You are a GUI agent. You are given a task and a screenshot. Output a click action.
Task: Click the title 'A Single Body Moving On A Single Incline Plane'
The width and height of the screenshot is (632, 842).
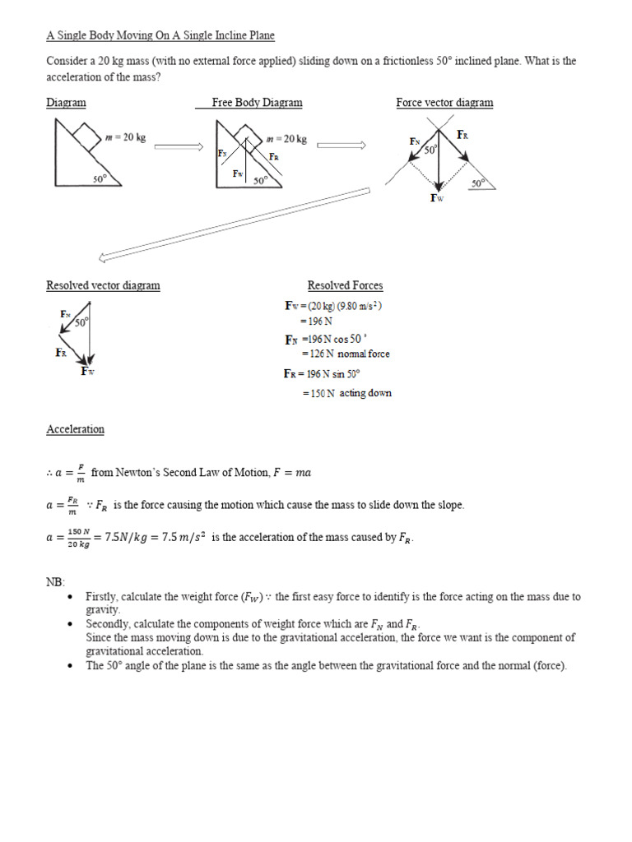(x=160, y=36)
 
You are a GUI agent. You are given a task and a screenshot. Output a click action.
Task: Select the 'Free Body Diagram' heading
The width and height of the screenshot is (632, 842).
(x=257, y=103)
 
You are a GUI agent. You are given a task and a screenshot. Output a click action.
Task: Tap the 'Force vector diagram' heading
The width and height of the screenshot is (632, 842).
(x=444, y=103)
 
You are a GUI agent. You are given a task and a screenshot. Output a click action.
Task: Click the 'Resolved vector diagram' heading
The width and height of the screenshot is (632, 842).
(x=103, y=285)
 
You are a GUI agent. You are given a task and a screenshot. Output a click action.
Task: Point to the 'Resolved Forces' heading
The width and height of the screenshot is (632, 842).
(x=345, y=285)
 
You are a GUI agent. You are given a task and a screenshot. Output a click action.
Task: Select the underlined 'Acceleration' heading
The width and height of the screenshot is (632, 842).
(x=75, y=429)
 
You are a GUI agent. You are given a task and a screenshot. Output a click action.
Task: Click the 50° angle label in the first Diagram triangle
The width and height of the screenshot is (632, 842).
(x=100, y=178)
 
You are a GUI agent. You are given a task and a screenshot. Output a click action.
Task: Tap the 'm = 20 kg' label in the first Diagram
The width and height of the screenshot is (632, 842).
(x=126, y=137)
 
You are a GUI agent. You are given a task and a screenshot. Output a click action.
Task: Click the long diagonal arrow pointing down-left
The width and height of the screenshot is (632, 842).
(x=235, y=224)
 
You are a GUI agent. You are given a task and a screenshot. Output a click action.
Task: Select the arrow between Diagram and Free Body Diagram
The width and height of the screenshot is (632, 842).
(x=178, y=146)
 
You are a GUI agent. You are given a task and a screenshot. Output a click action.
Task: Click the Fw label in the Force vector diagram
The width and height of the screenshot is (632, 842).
(x=436, y=198)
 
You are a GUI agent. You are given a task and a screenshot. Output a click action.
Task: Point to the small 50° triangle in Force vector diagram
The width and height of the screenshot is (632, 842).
(x=481, y=183)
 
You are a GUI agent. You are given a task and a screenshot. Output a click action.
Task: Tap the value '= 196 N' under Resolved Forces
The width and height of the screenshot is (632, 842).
(x=315, y=322)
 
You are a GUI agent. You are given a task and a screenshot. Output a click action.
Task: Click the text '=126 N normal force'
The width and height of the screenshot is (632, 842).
(x=345, y=354)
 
